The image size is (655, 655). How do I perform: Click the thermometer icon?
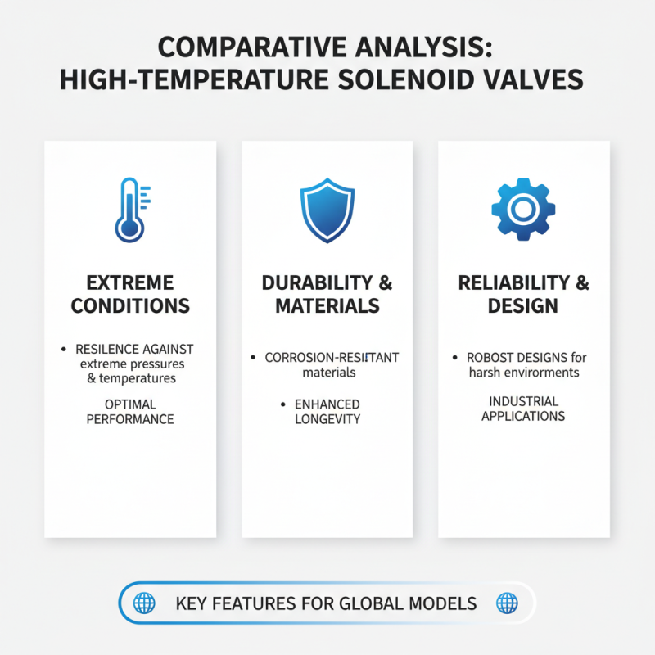click(129, 209)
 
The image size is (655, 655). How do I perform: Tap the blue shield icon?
click(327, 211)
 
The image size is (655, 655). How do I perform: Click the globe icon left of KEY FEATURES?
click(144, 603)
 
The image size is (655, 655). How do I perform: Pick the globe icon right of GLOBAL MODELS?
click(508, 603)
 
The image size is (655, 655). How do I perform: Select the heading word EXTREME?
click(130, 283)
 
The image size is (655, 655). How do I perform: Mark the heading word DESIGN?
click(523, 306)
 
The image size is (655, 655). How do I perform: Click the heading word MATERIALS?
click(327, 306)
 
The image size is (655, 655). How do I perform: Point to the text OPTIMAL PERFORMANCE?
click(131, 411)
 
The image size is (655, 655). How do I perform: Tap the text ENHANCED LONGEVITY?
click(327, 412)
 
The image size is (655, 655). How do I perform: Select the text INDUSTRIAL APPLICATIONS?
click(523, 409)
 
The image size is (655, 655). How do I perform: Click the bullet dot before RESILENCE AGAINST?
click(64, 350)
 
